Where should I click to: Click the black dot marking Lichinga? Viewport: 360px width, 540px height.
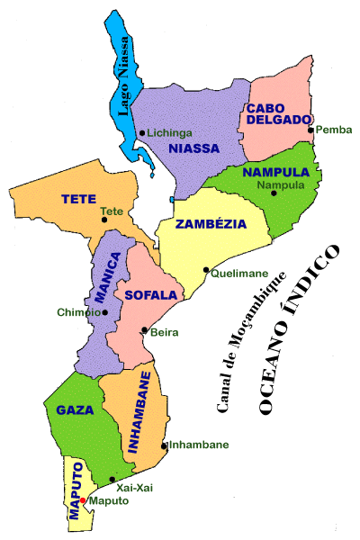coord(142,133)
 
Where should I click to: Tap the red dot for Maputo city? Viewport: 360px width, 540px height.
coord(82,500)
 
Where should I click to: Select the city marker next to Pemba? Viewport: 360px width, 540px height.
coord(310,130)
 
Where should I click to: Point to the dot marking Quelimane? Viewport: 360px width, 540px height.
coord(205,269)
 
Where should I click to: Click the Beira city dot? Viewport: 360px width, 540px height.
coord(144,330)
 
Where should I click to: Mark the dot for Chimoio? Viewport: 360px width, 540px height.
coord(105,312)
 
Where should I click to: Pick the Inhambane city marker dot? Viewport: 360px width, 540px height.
coord(163,445)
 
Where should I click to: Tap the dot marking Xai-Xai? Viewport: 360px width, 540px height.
coord(112,479)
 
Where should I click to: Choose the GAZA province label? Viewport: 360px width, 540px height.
coord(75,409)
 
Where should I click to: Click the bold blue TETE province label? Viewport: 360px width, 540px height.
coord(79,197)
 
